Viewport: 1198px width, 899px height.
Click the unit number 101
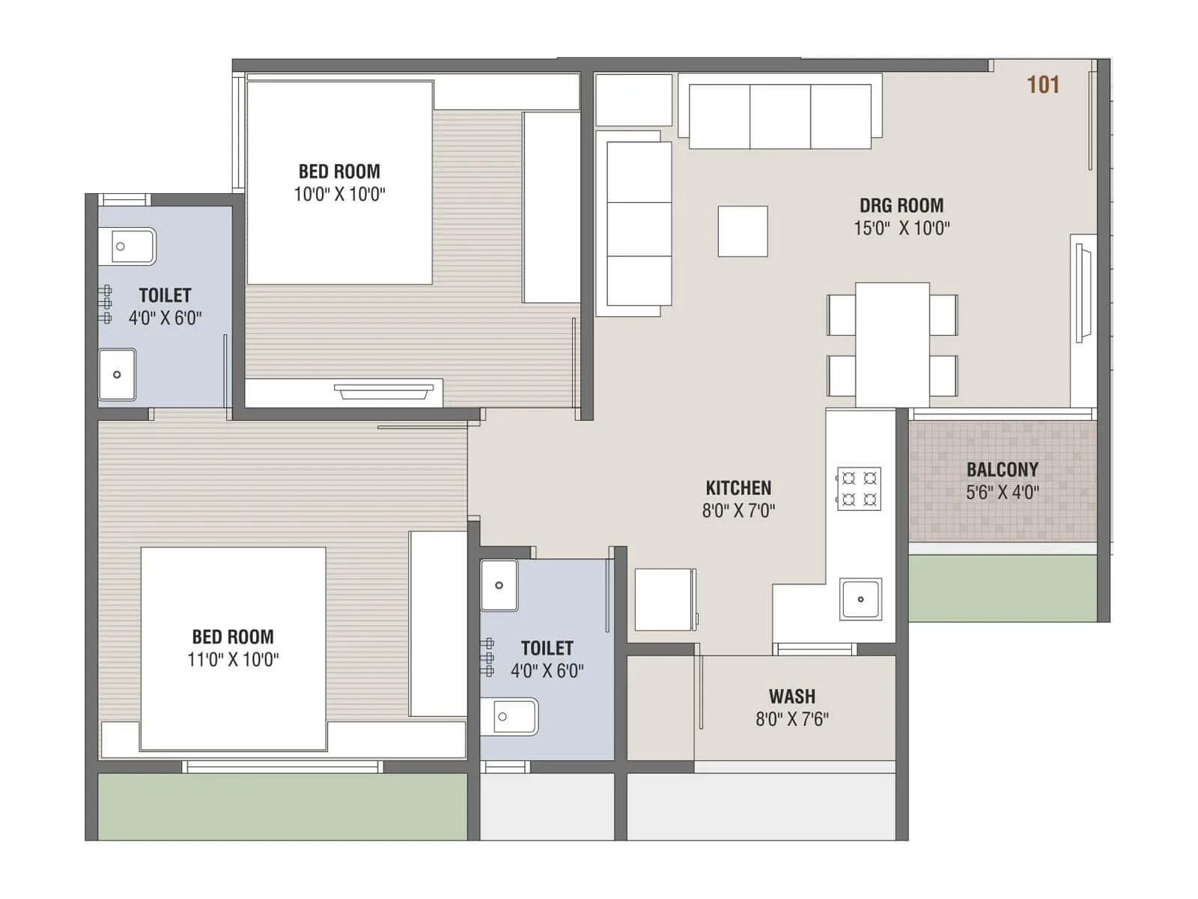tap(1042, 85)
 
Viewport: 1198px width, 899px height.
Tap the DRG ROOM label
tap(901, 205)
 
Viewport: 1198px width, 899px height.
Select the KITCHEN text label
tap(738, 488)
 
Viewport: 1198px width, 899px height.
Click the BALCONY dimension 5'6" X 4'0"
tap(1002, 493)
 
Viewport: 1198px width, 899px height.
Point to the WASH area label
tap(791, 696)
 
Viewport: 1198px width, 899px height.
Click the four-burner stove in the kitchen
tap(859, 488)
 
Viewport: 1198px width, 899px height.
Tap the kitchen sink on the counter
tap(860, 599)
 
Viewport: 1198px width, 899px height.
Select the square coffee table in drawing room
tap(742, 231)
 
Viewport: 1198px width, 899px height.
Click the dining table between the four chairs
tap(892, 345)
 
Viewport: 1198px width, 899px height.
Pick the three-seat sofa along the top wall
tap(779, 116)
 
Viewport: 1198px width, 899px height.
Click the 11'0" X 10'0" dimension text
tap(233, 660)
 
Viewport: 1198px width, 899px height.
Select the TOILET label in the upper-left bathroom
tap(165, 295)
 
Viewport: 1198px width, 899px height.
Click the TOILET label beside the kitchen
tap(547, 648)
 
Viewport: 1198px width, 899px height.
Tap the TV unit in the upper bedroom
tap(383, 392)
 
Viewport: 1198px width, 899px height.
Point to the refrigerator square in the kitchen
tap(664, 599)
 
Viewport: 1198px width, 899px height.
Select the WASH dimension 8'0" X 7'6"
tap(791, 719)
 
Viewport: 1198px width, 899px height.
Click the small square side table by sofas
tap(633, 100)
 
